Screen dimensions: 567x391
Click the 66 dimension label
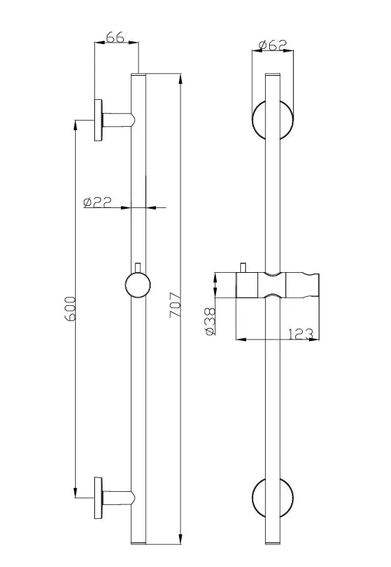pos(116,39)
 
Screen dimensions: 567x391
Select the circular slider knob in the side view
pos(138,284)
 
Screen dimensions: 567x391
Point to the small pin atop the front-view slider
pos(243,267)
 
